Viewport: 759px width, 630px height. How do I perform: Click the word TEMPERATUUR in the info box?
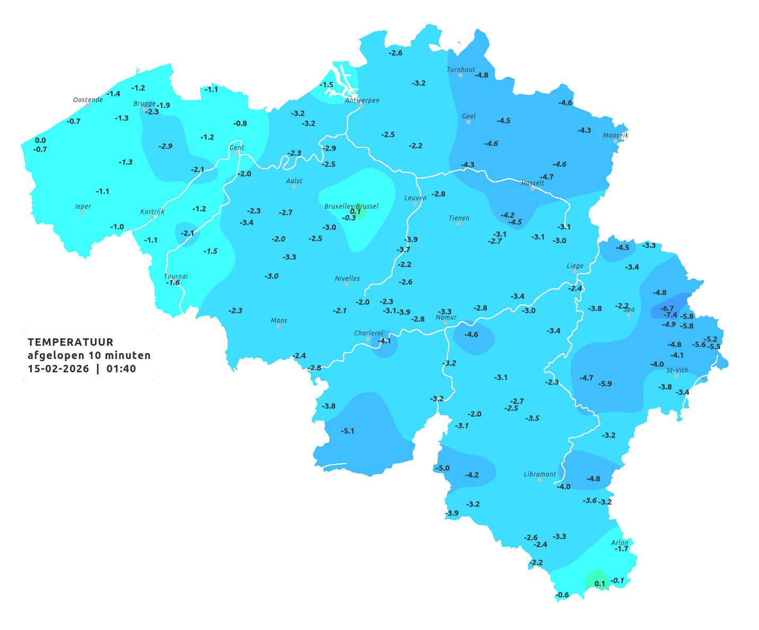click(71, 342)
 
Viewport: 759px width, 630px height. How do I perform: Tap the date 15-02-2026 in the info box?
click(58, 369)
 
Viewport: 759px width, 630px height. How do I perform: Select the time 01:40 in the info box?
click(121, 369)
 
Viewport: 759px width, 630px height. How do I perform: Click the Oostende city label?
click(88, 100)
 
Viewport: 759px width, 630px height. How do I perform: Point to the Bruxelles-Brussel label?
click(351, 206)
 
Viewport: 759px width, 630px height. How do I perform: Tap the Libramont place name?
click(539, 474)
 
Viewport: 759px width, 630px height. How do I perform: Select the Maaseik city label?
click(615, 135)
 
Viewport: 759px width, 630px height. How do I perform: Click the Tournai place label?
click(176, 276)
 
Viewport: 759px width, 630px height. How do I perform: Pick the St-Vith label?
click(677, 370)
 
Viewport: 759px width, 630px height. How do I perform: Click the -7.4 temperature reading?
click(670, 315)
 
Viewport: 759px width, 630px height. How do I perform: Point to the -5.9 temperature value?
click(605, 383)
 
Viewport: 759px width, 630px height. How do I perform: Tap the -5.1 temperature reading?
click(347, 431)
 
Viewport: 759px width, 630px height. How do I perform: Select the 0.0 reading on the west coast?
click(40, 141)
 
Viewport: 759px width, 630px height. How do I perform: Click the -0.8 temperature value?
click(240, 123)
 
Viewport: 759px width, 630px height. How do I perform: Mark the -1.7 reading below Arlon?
click(621, 549)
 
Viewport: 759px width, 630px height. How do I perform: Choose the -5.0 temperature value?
click(442, 468)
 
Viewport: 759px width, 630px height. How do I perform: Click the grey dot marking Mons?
click(278, 326)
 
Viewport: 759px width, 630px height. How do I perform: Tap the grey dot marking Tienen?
click(459, 224)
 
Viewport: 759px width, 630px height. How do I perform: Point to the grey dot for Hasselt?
click(533, 189)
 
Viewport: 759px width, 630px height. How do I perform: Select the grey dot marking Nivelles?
click(347, 284)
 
